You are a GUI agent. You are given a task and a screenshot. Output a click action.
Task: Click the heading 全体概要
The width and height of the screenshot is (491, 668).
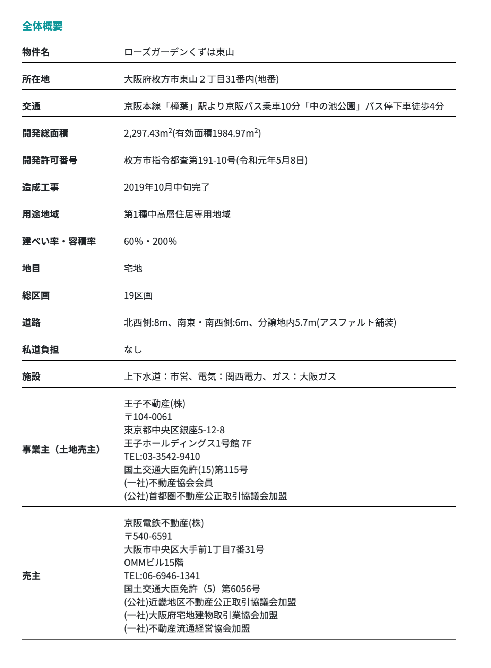click(42, 26)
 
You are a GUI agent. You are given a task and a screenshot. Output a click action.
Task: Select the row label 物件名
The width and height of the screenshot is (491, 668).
click(36, 52)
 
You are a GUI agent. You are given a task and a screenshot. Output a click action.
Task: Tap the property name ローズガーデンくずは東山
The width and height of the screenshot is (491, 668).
click(179, 52)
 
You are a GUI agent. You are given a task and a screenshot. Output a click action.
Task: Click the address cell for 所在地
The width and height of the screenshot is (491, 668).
click(201, 79)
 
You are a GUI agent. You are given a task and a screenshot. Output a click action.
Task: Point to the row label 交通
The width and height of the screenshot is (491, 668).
click(31, 106)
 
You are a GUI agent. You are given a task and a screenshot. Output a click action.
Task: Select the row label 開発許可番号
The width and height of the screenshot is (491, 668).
click(50, 160)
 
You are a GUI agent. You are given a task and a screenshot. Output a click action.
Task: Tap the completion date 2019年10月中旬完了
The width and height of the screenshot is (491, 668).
click(166, 187)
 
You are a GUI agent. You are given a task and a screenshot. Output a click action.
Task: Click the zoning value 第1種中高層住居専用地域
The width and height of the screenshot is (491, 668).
click(177, 214)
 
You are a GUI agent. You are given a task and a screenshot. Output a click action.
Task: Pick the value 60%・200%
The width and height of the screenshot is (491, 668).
click(150, 241)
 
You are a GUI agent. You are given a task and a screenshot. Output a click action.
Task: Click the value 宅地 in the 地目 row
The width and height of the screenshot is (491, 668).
click(133, 268)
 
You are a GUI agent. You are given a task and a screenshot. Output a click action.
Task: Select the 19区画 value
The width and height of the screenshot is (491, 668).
click(138, 295)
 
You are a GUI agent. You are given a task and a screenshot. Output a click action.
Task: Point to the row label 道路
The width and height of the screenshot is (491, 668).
click(31, 322)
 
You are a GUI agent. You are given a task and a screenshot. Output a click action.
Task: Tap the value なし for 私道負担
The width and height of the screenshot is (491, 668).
click(133, 349)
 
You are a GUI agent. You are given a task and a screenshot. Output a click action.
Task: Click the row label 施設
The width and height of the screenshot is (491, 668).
click(31, 376)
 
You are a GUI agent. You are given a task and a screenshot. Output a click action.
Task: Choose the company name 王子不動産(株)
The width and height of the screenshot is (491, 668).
click(155, 404)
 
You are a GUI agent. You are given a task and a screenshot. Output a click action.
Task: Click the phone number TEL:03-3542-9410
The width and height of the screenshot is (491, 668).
click(162, 457)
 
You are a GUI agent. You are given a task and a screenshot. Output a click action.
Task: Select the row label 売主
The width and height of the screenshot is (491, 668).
click(31, 576)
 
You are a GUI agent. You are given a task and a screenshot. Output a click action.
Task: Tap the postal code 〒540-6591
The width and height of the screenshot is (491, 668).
click(148, 536)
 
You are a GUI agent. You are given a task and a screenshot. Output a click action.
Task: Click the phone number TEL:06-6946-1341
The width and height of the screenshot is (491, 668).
click(162, 576)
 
